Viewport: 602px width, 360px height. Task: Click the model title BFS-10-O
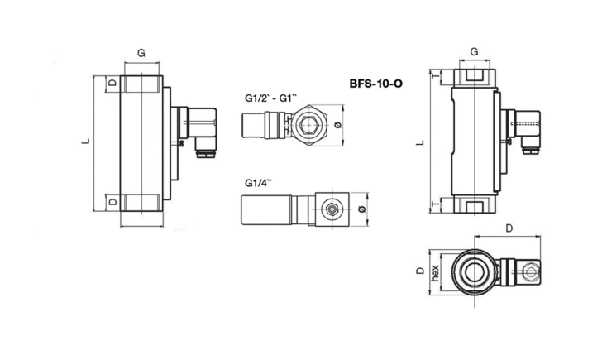click(376, 84)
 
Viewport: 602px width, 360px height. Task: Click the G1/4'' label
click(258, 183)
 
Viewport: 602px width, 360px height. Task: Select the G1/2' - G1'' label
click(270, 98)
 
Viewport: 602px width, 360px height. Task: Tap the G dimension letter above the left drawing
click(141, 53)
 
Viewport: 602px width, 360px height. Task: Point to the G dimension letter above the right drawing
click(474, 51)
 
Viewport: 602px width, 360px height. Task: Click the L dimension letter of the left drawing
click(86, 141)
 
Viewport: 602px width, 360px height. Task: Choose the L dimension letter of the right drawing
click(420, 142)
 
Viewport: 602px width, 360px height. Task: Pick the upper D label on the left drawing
click(112, 82)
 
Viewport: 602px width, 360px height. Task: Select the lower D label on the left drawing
click(112, 201)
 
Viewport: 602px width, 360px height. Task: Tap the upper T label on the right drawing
click(435, 75)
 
